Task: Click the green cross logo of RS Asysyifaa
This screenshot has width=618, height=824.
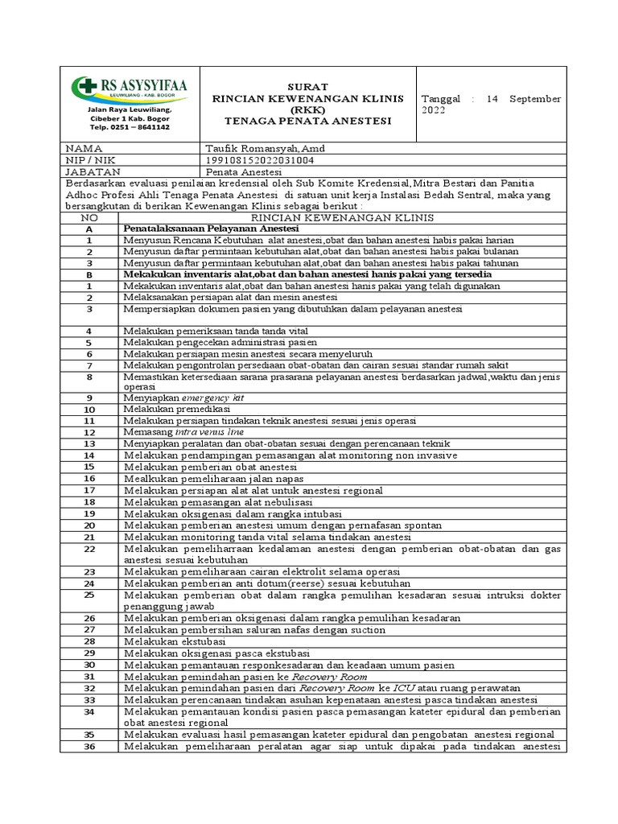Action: pyautogui.click(x=83, y=87)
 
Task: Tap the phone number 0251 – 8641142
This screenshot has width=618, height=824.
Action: pyautogui.click(x=130, y=127)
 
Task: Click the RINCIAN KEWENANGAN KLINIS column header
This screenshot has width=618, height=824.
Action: pyautogui.click(x=343, y=217)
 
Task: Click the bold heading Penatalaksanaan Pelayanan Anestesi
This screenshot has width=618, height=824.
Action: pyautogui.click(x=211, y=229)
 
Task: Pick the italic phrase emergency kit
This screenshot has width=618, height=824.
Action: pyautogui.click(x=216, y=398)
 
